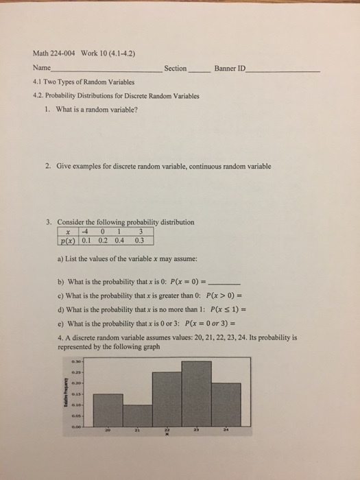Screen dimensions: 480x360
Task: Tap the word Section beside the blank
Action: (176, 68)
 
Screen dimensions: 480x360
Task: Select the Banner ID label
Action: (231, 68)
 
